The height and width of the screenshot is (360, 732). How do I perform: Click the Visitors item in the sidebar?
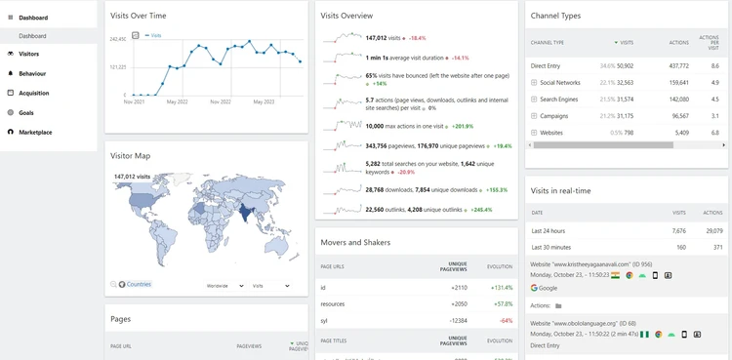(x=28, y=54)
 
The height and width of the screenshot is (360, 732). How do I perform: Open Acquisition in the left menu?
(x=34, y=93)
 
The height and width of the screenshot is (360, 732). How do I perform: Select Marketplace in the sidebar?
(x=35, y=132)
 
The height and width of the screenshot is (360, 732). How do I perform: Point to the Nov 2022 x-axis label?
(x=220, y=101)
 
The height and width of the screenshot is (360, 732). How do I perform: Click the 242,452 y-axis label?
(x=117, y=39)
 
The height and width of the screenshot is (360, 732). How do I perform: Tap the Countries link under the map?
(x=139, y=284)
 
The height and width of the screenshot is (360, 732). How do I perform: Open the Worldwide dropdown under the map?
(x=224, y=286)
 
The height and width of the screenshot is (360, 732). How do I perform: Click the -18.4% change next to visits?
(x=417, y=38)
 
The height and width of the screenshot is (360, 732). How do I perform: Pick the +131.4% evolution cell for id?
(x=502, y=288)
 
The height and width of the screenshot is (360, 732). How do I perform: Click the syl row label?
(x=324, y=319)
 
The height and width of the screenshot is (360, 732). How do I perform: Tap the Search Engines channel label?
(x=559, y=99)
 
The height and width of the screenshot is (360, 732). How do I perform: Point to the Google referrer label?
(x=547, y=288)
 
